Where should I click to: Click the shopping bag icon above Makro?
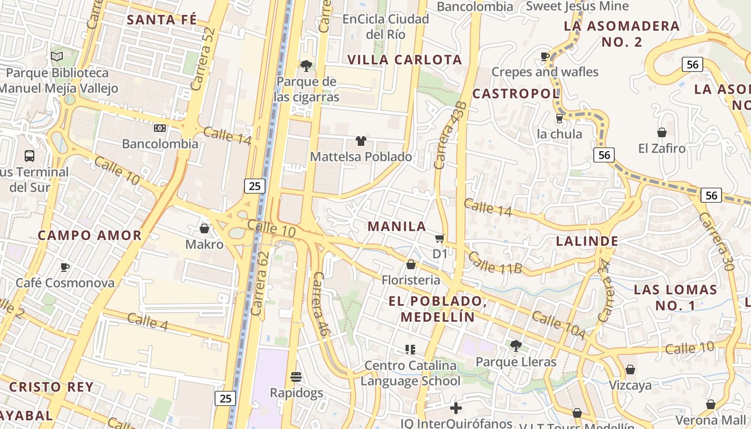tap(204, 228)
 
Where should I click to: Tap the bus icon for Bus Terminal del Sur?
tap(30, 156)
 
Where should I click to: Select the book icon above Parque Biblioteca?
tap(57, 56)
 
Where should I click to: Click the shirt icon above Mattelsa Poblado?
tap(361, 141)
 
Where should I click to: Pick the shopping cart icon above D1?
tap(440, 238)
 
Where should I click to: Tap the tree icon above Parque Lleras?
tap(516, 346)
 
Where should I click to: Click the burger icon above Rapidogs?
tap(296, 377)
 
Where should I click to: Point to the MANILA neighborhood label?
tap(397, 226)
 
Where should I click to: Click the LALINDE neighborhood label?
tap(587, 241)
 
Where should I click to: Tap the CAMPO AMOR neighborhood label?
tap(90, 235)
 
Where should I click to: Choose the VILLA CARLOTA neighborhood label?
tap(405, 60)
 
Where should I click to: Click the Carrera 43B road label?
tap(447, 135)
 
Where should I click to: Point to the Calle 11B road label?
tap(495, 263)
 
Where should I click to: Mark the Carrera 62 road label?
tap(259, 283)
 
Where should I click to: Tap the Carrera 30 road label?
tap(719, 241)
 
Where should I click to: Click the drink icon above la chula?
tap(559, 118)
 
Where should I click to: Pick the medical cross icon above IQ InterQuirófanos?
tap(455, 408)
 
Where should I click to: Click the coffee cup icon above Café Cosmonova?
tap(65, 267)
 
